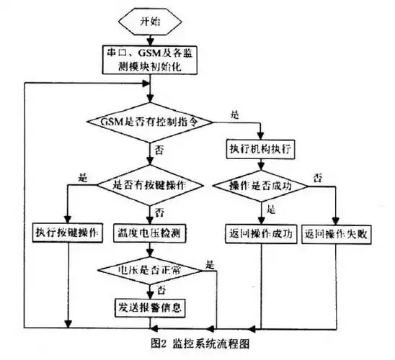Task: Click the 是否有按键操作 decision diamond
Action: click(x=150, y=184)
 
